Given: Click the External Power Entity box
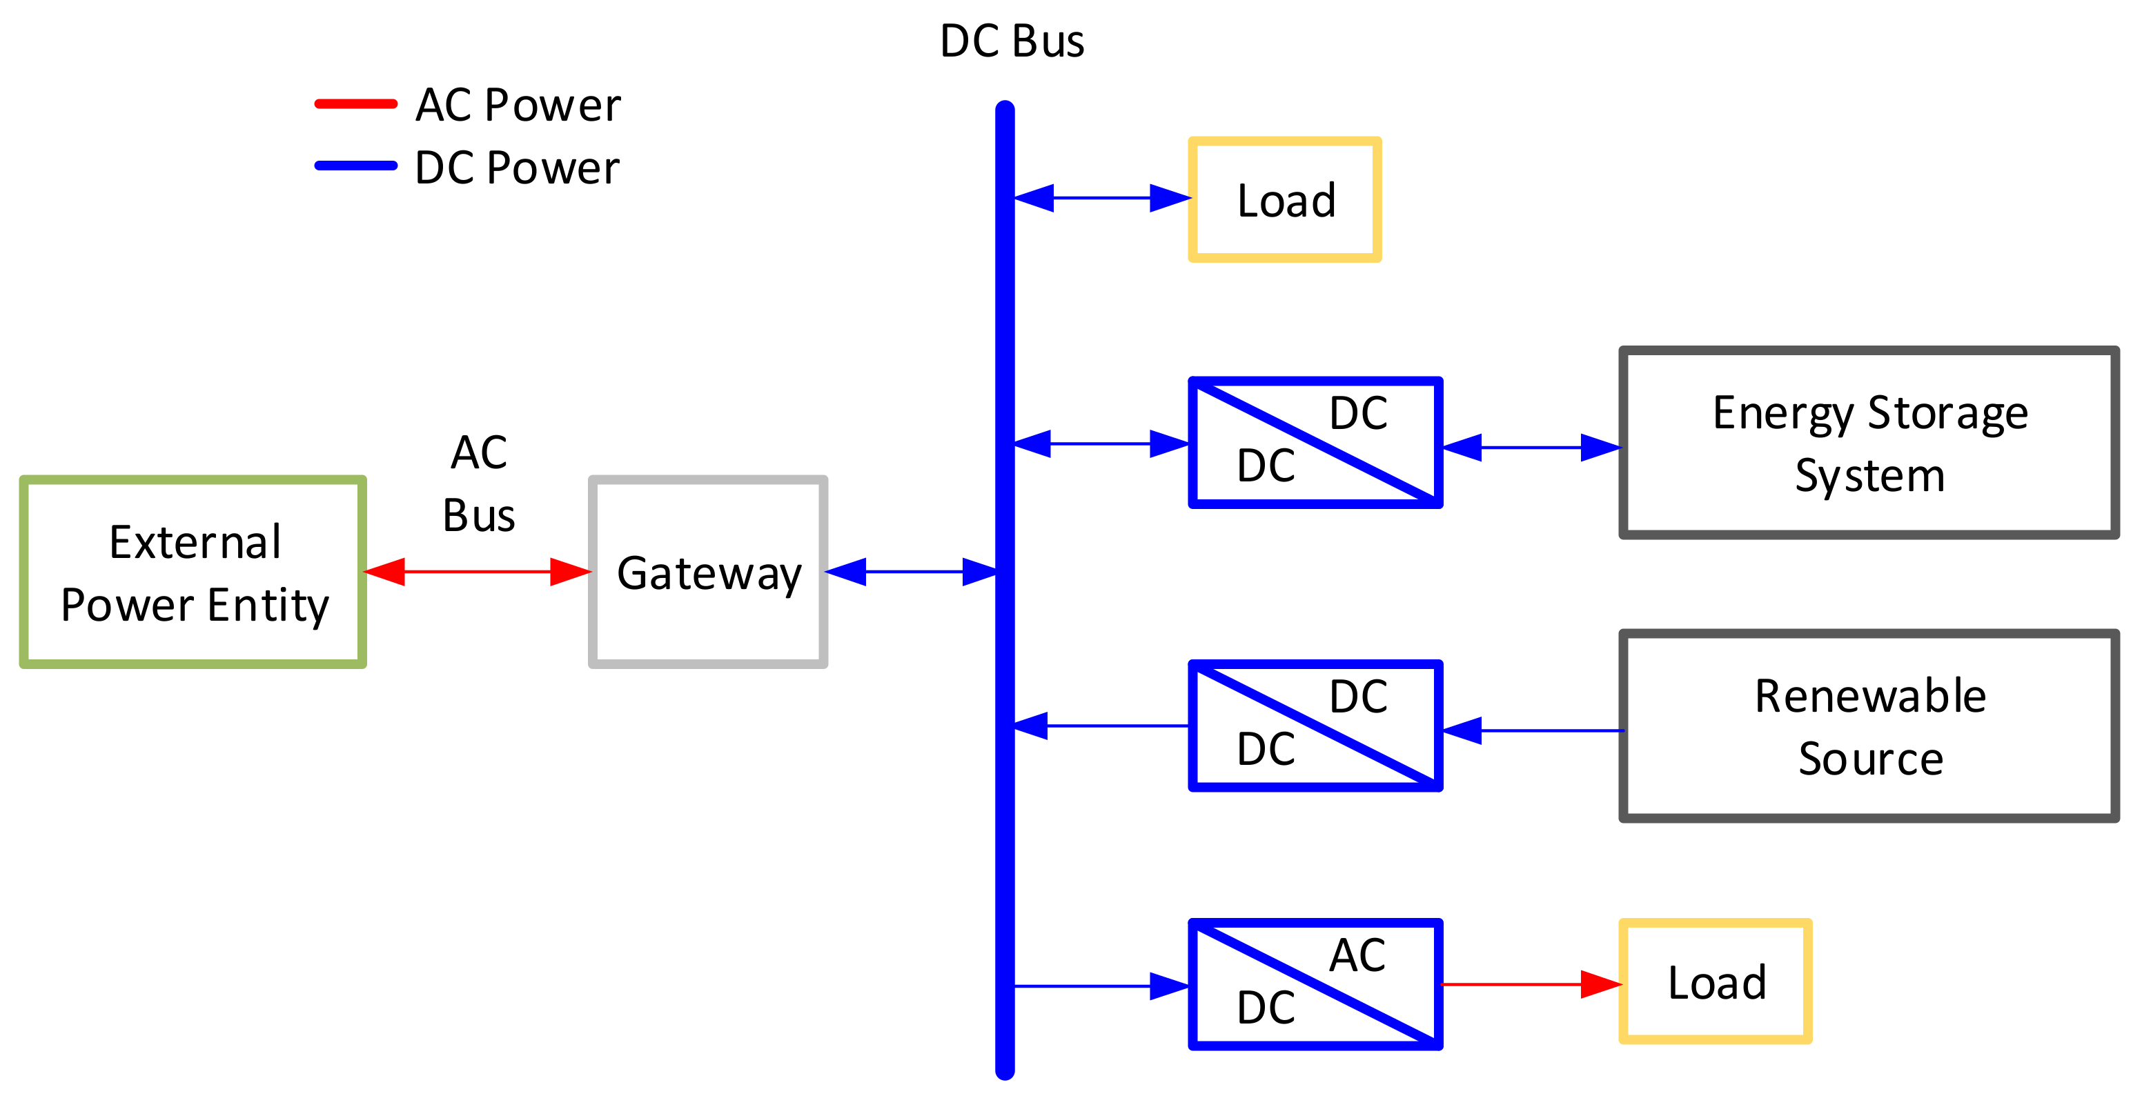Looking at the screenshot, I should pos(193,572).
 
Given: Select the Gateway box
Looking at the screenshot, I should pos(707,572).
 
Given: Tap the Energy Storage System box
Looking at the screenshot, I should pos(1869,443).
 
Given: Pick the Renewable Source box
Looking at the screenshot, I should pos(1869,726).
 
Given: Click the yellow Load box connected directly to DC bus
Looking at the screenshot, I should pos(1285,199).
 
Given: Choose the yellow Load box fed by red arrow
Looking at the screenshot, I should pos(1715,981).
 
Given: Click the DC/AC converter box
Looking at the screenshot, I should pos(1315,984).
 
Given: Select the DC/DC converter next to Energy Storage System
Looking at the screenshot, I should pos(1315,442).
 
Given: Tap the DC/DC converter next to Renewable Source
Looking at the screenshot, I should pos(1315,726).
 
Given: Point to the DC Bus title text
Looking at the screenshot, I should pos(1011,41).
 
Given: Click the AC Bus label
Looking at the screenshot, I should pos(479,483).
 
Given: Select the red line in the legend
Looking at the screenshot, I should pos(356,104).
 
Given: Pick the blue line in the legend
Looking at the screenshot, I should pos(356,166).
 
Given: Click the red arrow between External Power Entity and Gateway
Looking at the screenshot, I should pos(478,572).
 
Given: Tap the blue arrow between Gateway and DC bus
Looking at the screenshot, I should pos(912,572).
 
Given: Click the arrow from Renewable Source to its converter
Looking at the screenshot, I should pos(1532,730).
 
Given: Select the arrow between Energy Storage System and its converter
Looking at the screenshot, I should pos(1532,447).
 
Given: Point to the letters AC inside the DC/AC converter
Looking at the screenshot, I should pos(1357,955).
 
